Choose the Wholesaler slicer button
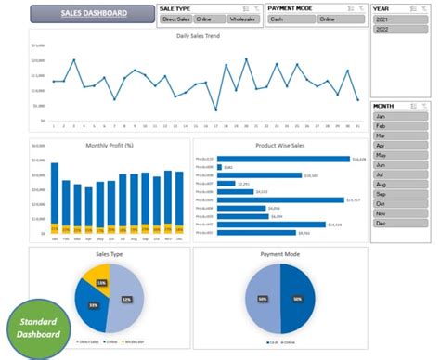(243, 19)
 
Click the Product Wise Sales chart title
(278, 146)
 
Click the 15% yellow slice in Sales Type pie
(100, 281)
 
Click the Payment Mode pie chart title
(278, 252)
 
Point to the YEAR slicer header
(382, 8)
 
